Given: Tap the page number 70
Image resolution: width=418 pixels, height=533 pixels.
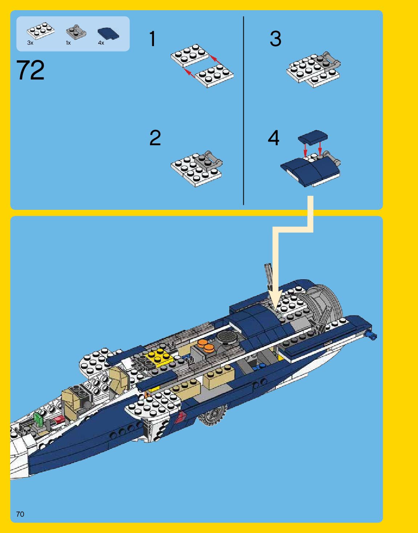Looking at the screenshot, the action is point(20,514).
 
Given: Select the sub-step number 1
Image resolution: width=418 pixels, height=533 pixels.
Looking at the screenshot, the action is point(153,39).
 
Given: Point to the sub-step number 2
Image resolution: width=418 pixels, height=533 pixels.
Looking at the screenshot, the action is point(155,138).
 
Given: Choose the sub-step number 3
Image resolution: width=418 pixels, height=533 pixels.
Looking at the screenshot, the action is point(275,39).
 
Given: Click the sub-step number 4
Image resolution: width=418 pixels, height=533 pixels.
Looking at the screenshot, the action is point(273,138).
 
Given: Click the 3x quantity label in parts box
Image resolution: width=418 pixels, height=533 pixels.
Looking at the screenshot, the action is point(30,43).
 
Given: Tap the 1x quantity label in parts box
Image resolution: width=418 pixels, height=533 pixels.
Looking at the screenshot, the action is point(68,43).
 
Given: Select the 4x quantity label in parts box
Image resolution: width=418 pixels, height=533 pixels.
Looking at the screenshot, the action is point(101,43).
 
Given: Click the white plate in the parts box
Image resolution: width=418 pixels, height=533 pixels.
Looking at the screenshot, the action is point(41,31).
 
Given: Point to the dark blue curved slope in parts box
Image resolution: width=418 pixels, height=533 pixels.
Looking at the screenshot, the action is point(108,33).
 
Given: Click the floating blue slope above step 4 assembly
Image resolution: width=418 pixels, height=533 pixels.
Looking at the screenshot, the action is point(312,137).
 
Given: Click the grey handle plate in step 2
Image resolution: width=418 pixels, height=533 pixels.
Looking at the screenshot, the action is point(208,160).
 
